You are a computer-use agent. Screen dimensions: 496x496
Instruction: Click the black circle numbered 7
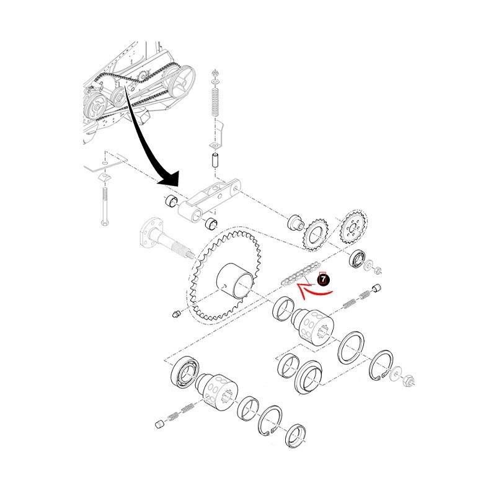coord(323,280)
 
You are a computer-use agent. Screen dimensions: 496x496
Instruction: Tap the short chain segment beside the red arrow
coord(296,275)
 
